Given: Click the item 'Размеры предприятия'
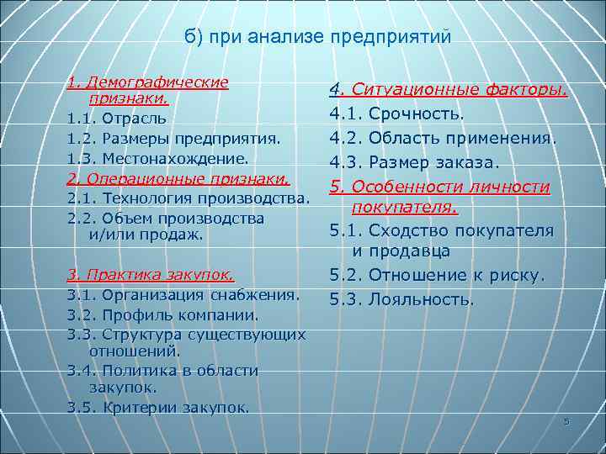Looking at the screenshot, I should click(x=187, y=138).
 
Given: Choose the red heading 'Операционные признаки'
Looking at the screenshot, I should click(x=178, y=178).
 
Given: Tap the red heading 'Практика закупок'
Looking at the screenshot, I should click(x=150, y=274).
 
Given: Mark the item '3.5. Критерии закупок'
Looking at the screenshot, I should click(x=158, y=408).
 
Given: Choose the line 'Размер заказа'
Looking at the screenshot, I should click(x=433, y=161).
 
